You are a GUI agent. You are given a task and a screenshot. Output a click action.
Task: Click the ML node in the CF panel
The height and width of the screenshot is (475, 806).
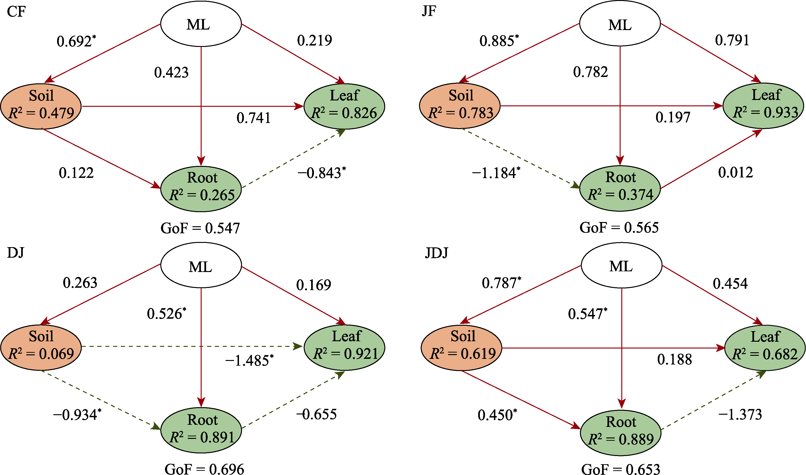coord(201,24)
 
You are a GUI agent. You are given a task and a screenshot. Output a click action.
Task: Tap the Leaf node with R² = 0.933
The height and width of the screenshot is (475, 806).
coord(763,105)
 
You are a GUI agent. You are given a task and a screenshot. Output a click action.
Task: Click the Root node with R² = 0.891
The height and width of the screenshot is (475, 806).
coord(201,430)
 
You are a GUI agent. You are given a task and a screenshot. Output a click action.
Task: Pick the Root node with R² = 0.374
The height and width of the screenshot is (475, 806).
coord(620,188)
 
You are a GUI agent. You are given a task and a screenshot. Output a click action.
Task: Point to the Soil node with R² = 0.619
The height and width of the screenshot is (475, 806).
coord(461,348)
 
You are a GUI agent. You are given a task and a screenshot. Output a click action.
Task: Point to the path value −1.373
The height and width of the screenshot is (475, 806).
coord(740,414)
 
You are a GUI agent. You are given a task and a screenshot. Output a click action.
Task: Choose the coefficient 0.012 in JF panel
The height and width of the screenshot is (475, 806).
coord(736,172)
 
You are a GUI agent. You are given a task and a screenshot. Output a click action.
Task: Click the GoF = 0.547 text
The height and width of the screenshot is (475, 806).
coord(200,228)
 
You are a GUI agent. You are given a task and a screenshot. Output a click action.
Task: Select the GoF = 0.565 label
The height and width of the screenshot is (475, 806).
coord(619,228)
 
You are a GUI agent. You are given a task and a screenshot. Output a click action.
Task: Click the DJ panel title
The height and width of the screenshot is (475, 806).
coord(15,253)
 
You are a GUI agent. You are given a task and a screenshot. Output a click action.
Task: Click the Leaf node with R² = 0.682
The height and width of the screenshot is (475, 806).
coord(765,348)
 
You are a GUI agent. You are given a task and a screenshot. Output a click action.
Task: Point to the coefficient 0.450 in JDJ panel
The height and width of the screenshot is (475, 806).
coord(497,415)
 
